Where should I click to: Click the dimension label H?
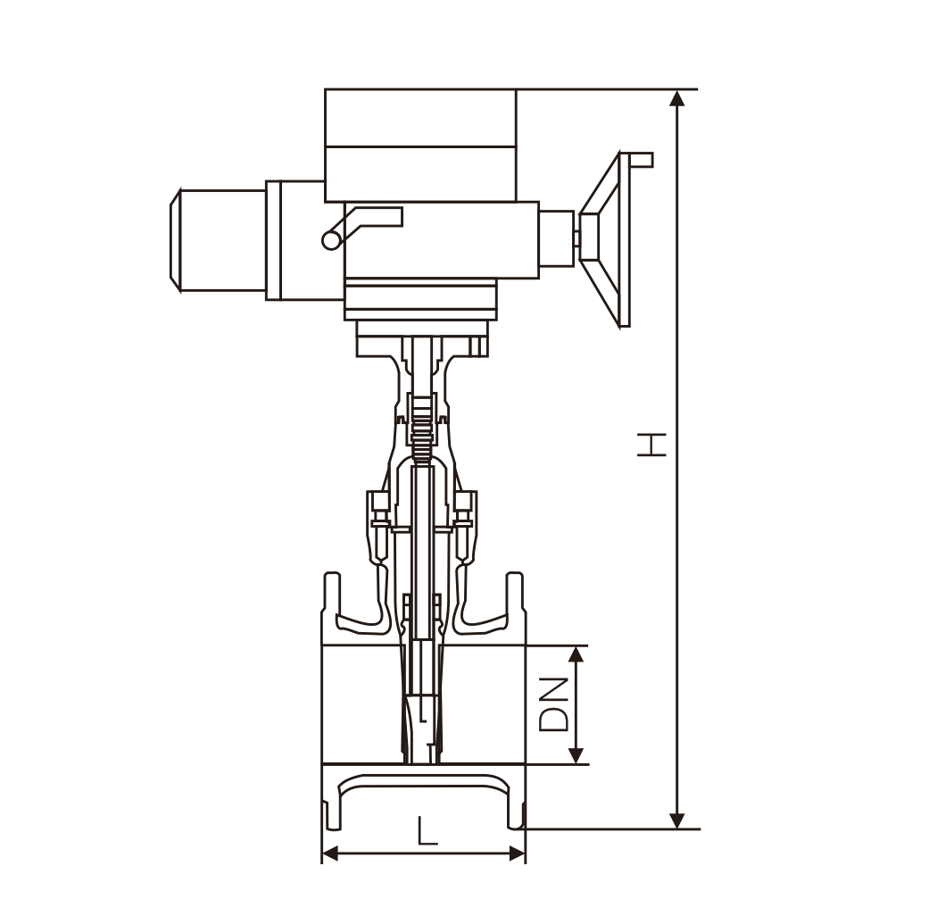651,445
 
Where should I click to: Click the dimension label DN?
554,704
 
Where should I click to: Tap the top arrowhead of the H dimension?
676,98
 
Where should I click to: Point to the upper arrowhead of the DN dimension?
576,653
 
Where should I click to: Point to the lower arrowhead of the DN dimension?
576,755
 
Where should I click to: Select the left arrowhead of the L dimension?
330,854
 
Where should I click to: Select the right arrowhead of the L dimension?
517,854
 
